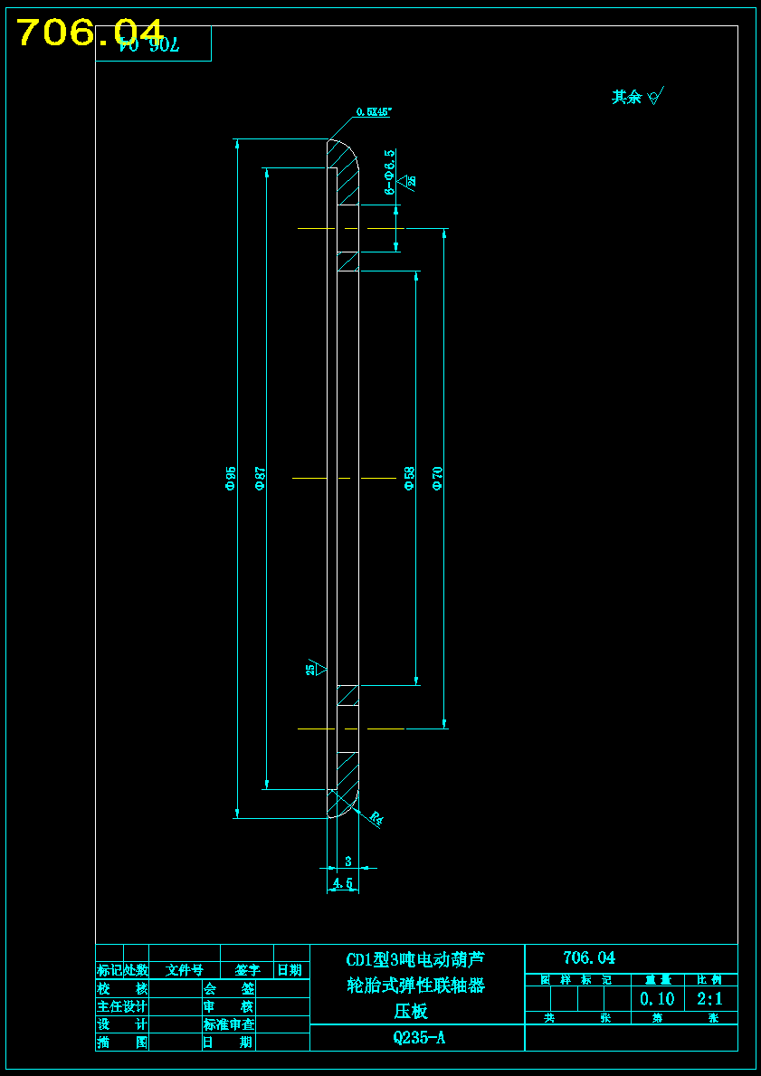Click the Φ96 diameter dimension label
pyautogui.click(x=231, y=478)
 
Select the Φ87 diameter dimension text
pyautogui.click(x=260, y=478)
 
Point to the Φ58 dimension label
pyautogui.click(x=409, y=478)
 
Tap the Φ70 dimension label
pyautogui.click(x=438, y=478)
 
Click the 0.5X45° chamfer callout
pyautogui.click(x=374, y=112)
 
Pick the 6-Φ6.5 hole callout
pyautogui.click(x=389, y=172)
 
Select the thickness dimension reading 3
pyautogui.click(x=348, y=862)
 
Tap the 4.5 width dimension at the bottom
pyautogui.click(x=343, y=882)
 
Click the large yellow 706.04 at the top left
pyautogui.click(x=90, y=33)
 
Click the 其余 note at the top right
pyautogui.click(x=626, y=97)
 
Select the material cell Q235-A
pyautogui.click(x=418, y=1038)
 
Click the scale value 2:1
pyautogui.click(x=709, y=999)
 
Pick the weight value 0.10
pyautogui.click(x=657, y=999)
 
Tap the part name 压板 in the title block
pyautogui.click(x=410, y=1011)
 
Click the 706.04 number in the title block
pyautogui.click(x=588, y=957)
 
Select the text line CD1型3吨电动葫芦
pyautogui.click(x=415, y=959)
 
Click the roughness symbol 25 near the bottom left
pyautogui.click(x=313, y=669)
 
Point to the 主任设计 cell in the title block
pyautogui.click(x=122, y=1006)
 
